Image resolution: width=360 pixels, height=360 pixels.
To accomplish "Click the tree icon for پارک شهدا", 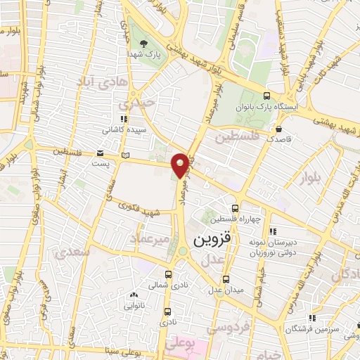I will click(144, 44).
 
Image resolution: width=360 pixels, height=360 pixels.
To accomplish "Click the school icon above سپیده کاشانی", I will click(124, 120).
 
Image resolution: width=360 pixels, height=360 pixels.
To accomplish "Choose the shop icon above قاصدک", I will click(280, 129).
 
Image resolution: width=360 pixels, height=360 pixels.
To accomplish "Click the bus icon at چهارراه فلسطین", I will click(236, 208).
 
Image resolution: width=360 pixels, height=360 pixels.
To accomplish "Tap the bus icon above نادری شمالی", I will click(167, 275).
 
